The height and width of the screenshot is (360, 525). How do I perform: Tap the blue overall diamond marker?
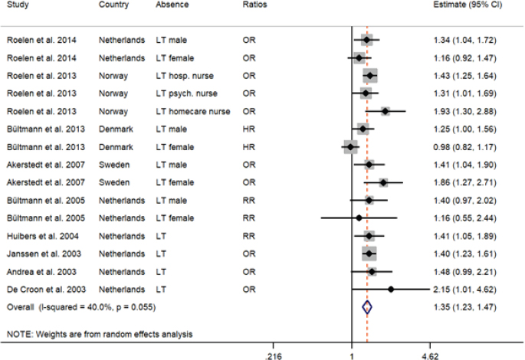click(366, 306)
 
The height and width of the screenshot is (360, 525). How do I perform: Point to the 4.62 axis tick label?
click(430, 355)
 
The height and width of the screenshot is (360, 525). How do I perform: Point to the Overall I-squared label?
click(80, 306)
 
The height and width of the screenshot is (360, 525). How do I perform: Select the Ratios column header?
click(254, 5)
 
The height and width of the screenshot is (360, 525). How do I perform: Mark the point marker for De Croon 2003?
click(391, 290)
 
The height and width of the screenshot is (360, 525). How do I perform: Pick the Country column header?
click(114, 5)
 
